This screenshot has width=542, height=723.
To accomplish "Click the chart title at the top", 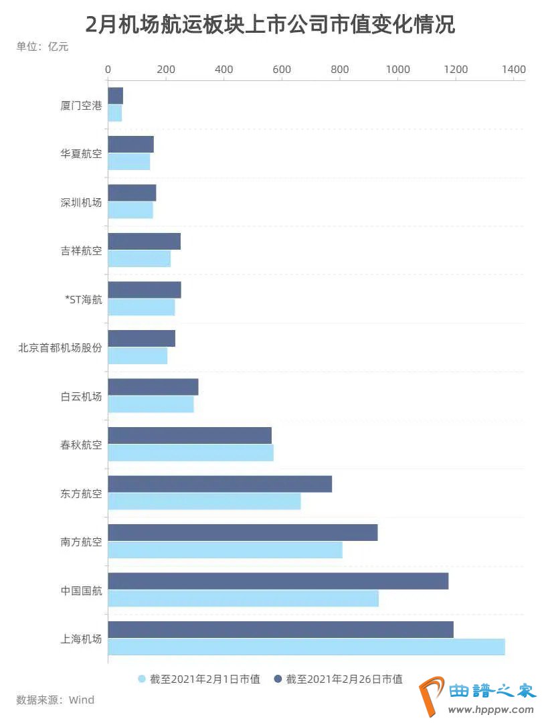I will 270,25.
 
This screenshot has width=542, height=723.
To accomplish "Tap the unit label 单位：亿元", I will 42,47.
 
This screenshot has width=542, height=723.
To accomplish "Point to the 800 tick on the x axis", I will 340,69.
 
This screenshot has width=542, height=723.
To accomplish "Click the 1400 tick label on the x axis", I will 514,69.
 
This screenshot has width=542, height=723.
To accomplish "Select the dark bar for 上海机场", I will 280,629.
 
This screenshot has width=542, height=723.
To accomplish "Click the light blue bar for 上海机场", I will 306,647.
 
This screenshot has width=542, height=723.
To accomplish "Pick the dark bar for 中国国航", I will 278,581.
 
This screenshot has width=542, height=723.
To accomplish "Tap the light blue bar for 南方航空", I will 225,550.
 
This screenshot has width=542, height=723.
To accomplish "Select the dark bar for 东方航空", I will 219,484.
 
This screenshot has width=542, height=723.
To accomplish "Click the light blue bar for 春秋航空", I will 191,453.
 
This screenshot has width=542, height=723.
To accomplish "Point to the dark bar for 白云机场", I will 153,387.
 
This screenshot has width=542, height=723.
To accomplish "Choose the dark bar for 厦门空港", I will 116,96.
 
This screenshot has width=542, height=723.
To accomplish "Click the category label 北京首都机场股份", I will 60,347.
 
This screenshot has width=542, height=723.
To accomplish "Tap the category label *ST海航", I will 84,299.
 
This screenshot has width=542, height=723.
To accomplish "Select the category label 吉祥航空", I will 81,250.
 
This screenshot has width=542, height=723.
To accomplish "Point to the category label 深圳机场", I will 81,202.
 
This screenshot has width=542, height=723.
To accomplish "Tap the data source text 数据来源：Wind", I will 56,700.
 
